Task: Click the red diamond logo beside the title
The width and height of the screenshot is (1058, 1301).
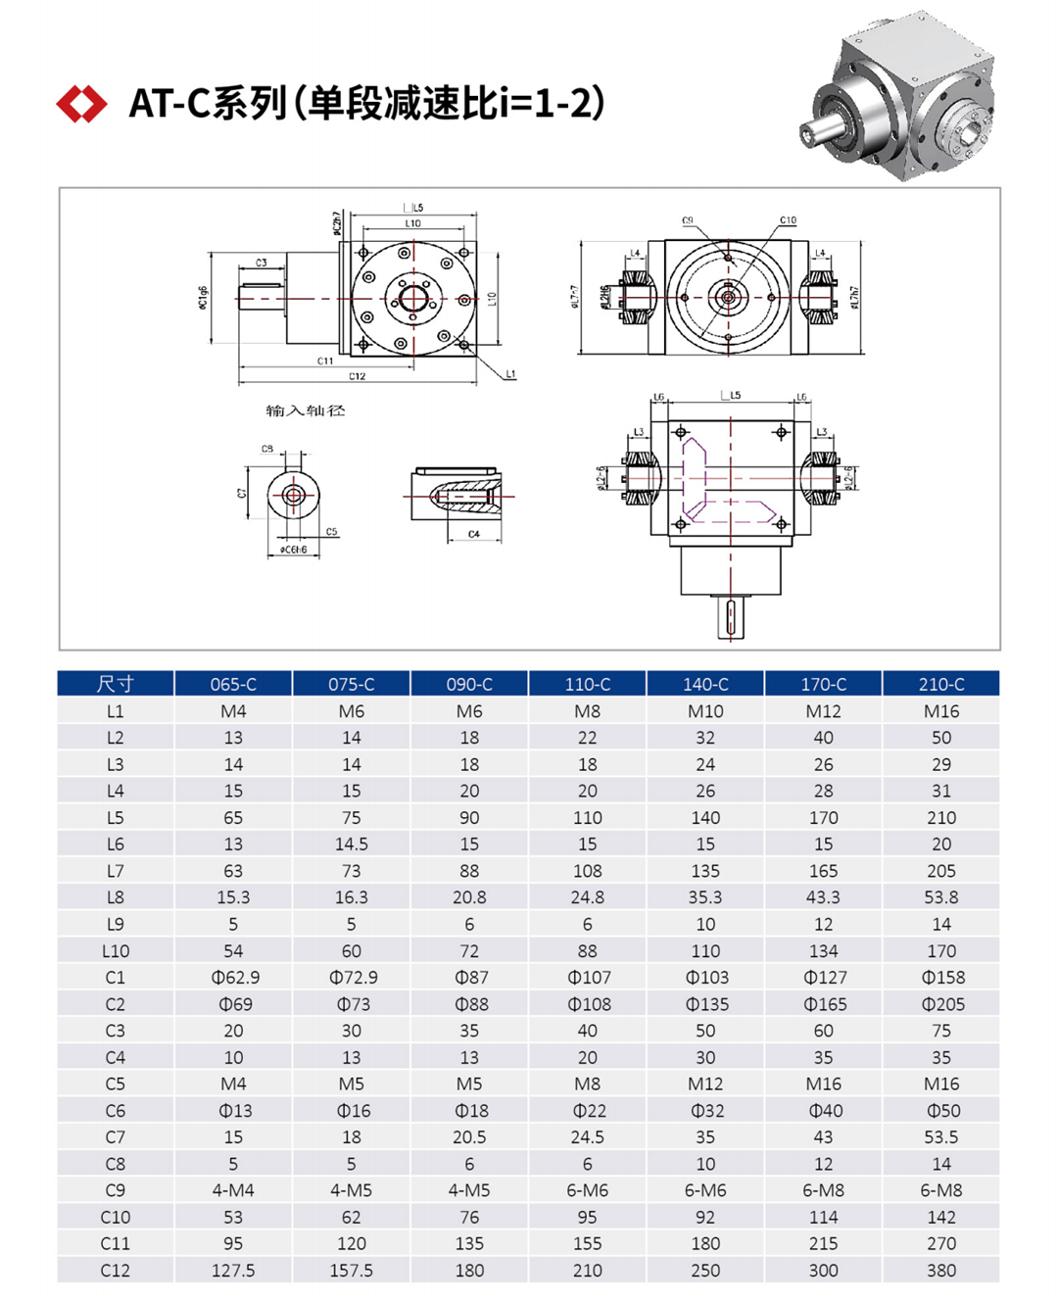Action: [81, 104]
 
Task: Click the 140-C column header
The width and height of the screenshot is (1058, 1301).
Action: [705, 684]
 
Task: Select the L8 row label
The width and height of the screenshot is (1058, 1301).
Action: [116, 897]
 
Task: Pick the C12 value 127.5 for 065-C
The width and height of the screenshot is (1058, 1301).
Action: [233, 1270]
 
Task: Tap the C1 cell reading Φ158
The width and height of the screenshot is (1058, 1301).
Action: [941, 978]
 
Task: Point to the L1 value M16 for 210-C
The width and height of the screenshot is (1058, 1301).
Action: [941, 711]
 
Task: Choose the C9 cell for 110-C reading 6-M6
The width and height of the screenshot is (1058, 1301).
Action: [587, 1190]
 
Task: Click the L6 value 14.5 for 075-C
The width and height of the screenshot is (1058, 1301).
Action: [351, 844]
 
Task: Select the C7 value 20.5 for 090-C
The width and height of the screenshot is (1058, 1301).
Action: [469, 1137]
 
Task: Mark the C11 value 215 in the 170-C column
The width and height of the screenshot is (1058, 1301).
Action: [823, 1243]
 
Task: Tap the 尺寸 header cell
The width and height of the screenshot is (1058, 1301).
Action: [116, 684]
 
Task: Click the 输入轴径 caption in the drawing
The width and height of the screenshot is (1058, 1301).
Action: [306, 410]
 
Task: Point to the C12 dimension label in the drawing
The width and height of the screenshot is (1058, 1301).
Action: [358, 376]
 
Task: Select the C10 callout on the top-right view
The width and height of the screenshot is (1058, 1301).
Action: [788, 220]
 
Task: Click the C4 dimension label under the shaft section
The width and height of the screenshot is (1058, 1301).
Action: [474, 534]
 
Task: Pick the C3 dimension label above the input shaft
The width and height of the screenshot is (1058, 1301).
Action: [262, 263]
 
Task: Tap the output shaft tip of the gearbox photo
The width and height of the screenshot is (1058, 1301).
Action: [810, 134]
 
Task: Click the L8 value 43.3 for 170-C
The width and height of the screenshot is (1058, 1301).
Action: [823, 897]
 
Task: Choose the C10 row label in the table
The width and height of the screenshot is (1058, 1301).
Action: [116, 1217]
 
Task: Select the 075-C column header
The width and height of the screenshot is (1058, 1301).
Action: [351, 684]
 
